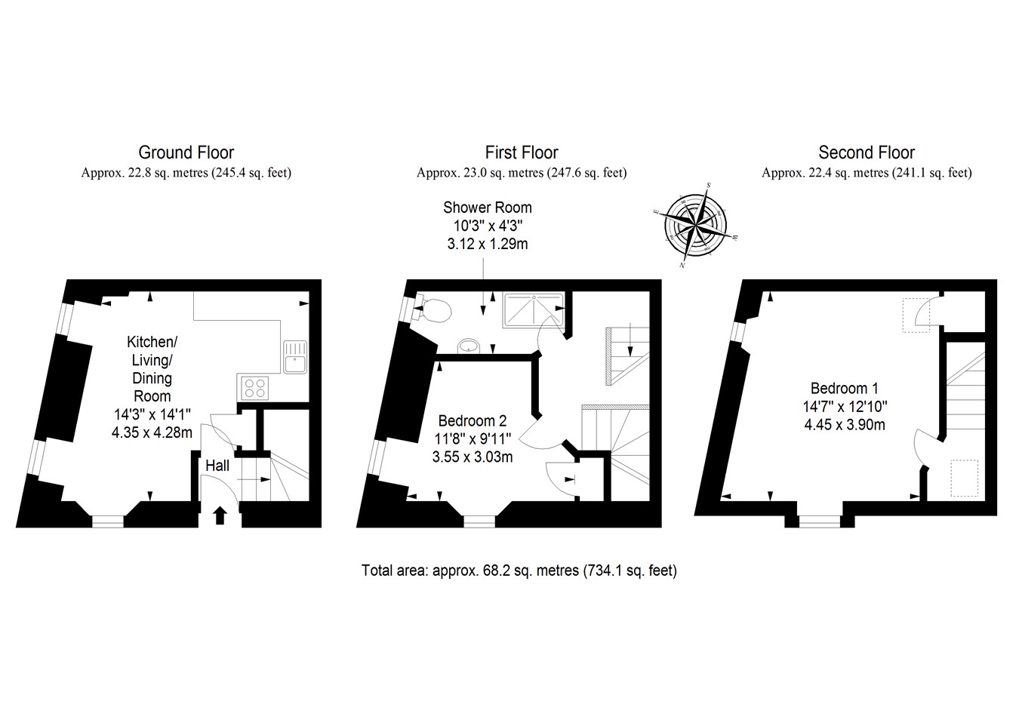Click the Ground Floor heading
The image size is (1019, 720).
[186, 153]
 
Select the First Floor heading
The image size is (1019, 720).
[521, 153]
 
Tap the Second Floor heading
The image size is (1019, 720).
[866, 153]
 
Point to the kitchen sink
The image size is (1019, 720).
[294, 356]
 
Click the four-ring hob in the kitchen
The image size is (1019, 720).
[254, 388]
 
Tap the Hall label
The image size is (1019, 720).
[217, 466]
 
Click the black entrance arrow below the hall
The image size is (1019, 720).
[220, 515]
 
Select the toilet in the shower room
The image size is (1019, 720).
[436, 309]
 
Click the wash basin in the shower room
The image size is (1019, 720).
[469, 346]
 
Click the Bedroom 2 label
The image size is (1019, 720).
[473, 421]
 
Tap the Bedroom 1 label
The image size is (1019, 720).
[844, 389]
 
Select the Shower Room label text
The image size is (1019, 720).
[487, 208]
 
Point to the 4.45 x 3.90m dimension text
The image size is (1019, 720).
[844, 424]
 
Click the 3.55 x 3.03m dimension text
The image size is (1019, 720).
[473, 456]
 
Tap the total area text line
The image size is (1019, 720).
[519, 571]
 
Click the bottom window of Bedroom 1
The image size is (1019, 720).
[819, 520]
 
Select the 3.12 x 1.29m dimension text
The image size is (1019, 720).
[487, 243]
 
